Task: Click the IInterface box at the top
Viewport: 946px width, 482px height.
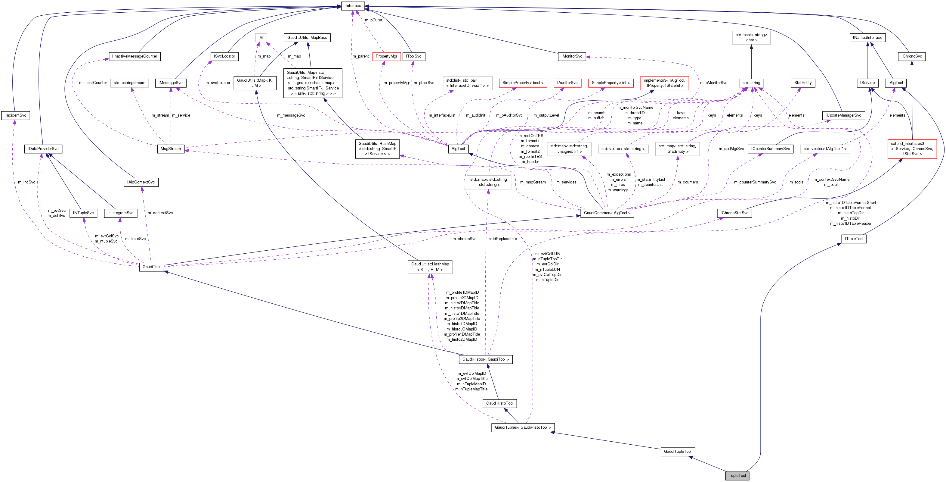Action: tap(353, 5)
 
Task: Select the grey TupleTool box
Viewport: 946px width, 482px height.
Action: tap(737, 475)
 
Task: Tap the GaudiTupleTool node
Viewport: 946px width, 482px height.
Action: tap(678, 452)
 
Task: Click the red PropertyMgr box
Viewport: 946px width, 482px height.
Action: tap(386, 56)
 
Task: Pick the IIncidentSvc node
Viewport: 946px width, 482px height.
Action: tap(15, 115)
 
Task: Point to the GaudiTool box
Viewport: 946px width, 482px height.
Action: tap(151, 267)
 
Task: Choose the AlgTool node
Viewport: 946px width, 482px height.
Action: tap(458, 149)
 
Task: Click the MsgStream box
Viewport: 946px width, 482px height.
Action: tap(171, 149)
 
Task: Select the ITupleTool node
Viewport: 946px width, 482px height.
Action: tap(854, 239)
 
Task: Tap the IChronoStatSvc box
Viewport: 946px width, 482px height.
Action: tap(734, 213)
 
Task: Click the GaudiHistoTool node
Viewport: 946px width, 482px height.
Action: tap(499, 403)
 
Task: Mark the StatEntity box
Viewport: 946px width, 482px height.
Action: tap(803, 83)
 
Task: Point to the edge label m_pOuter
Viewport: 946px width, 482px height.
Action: tap(373, 20)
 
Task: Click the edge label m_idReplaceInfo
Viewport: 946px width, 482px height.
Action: tap(502, 239)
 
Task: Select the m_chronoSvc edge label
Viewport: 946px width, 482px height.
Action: tap(464, 239)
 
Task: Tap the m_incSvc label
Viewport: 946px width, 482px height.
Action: tap(27, 182)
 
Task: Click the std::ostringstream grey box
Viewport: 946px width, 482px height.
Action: tap(129, 83)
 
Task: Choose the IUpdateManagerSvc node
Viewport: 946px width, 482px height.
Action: tap(843, 115)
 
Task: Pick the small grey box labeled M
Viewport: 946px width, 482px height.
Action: tap(261, 37)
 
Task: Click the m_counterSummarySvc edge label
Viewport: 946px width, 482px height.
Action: tap(755, 182)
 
